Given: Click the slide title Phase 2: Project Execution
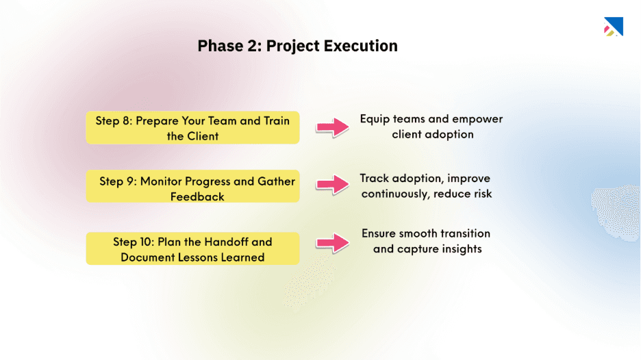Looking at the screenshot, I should (297, 46).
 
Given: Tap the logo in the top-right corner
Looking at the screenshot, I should (612, 27).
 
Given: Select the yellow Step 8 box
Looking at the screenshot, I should (192, 128).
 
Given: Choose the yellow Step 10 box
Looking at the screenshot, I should (192, 248).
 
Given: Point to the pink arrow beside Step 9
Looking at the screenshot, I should (332, 183).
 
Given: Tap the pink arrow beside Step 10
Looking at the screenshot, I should (332, 242).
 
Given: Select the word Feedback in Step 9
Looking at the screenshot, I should (197, 197).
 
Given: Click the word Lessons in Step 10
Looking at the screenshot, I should (207, 257).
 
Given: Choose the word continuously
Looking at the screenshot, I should (393, 194).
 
